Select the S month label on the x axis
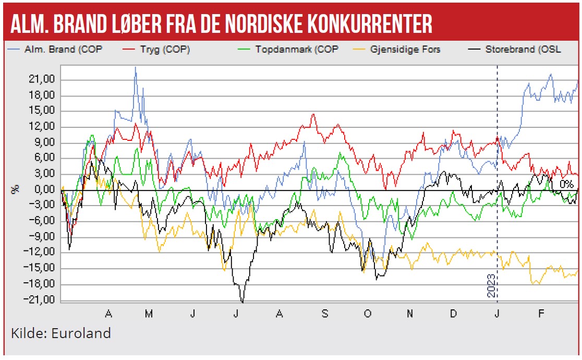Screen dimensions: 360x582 tap(324, 314)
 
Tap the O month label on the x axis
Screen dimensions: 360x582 tap(367, 314)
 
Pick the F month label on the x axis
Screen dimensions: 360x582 tap(541, 314)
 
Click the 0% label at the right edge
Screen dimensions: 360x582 tap(567, 184)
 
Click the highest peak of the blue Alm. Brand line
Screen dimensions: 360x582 tap(136, 67)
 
